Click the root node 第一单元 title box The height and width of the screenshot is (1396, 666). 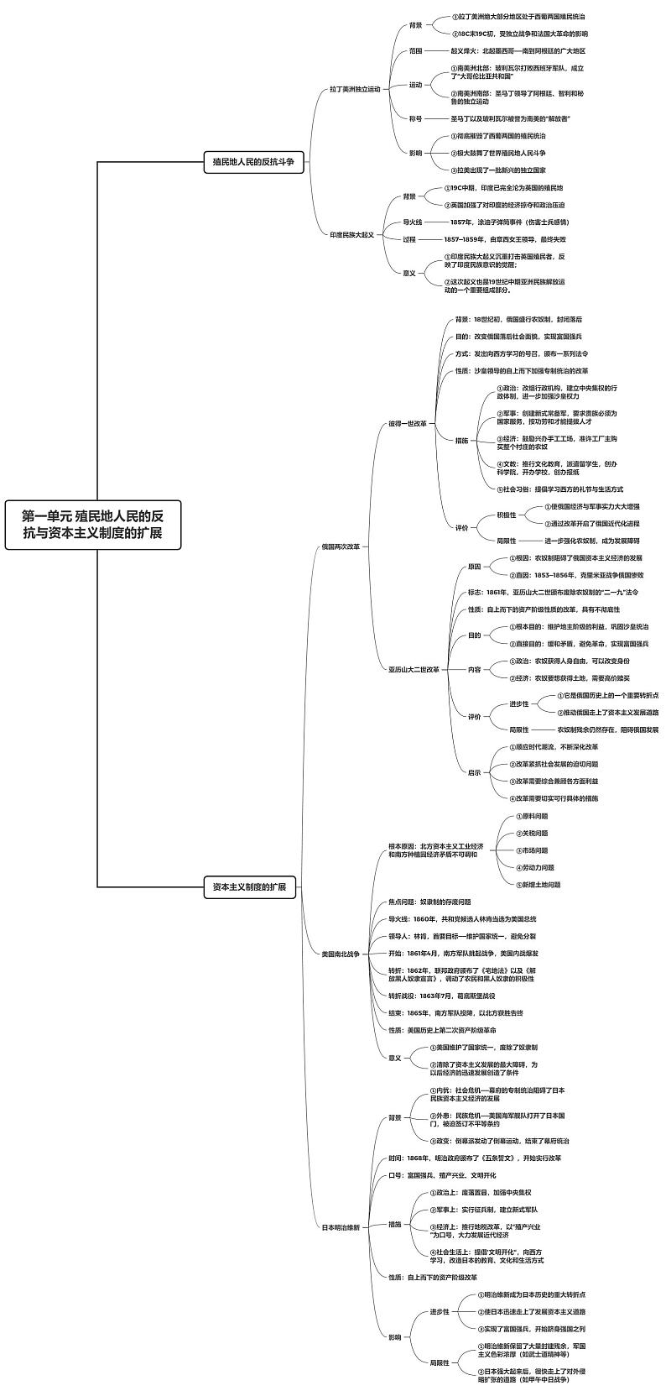tap(92, 525)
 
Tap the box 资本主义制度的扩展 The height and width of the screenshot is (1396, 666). tap(249, 886)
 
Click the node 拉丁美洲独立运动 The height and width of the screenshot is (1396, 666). tap(355, 88)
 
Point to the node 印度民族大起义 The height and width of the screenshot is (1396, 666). tap(351, 234)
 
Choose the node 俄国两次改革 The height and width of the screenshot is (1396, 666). tap(341, 546)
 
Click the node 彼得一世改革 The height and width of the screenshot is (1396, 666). tap(407, 423)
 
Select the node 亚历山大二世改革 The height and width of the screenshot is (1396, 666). tap(414, 669)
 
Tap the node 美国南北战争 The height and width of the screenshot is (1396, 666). tap(341, 954)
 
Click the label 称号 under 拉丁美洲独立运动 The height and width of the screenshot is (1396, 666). tap(416, 118)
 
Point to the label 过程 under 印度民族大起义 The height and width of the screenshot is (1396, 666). tap(409, 239)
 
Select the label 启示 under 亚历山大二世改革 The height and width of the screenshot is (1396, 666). tap(475, 772)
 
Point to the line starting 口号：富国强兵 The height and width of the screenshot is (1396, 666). tap(442, 1175)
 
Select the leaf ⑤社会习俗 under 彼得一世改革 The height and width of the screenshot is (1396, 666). tap(559, 489)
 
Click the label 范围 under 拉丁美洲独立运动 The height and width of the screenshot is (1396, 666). tap(416, 50)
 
